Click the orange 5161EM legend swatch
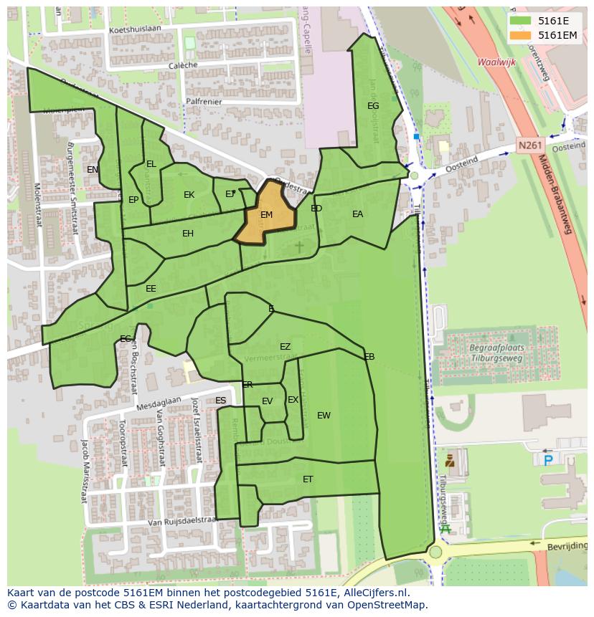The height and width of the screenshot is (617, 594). coord(521,35)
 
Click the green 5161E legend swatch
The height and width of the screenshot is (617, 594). coord(521,21)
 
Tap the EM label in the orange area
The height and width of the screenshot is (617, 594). coord(266,215)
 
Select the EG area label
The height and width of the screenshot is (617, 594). coord(373,106)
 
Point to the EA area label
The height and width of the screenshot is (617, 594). coord(357,214)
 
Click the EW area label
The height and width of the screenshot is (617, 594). coord(324,416)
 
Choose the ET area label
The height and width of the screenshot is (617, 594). coord(308,479)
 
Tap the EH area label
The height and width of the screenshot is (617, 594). coord(188,234)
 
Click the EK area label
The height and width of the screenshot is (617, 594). coord(189,195)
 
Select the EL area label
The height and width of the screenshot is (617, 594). coord(151,164)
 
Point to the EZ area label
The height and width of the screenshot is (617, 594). coord(285,347)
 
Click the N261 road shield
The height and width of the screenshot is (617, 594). coord(529,145)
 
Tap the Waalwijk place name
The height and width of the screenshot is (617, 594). coord(497,62)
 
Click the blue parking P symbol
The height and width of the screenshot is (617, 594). coord(548,459)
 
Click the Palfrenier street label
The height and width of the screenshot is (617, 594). coord(202,102)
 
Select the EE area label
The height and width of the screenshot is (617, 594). coord(151,289)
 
